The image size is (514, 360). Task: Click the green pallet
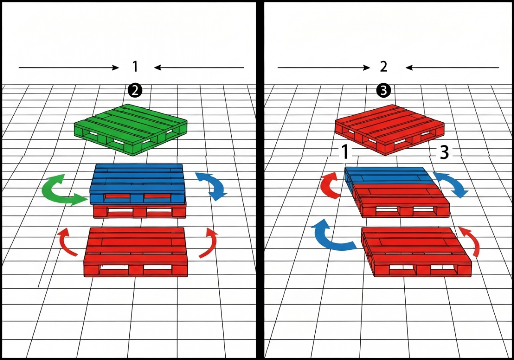(x=130, y=129)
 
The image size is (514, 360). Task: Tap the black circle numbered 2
(x=135, y=91)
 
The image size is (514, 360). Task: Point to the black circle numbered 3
(x=383, y=91)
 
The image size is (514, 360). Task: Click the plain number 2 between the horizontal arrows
(x=383, y=66)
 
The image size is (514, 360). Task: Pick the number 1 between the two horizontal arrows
(x=135, y=66)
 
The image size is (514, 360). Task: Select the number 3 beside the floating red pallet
(x=444, y=152)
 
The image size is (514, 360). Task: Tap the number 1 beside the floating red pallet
(x=345, y=152)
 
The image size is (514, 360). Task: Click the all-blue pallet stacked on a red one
(x=137, y=184)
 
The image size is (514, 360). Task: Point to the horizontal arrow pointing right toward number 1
(x=69, y=68)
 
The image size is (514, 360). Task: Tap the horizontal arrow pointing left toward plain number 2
(x=452, y=68)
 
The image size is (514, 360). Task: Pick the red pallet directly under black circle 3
(x=390, y=130)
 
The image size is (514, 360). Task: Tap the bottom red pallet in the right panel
(x=416, y=252)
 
